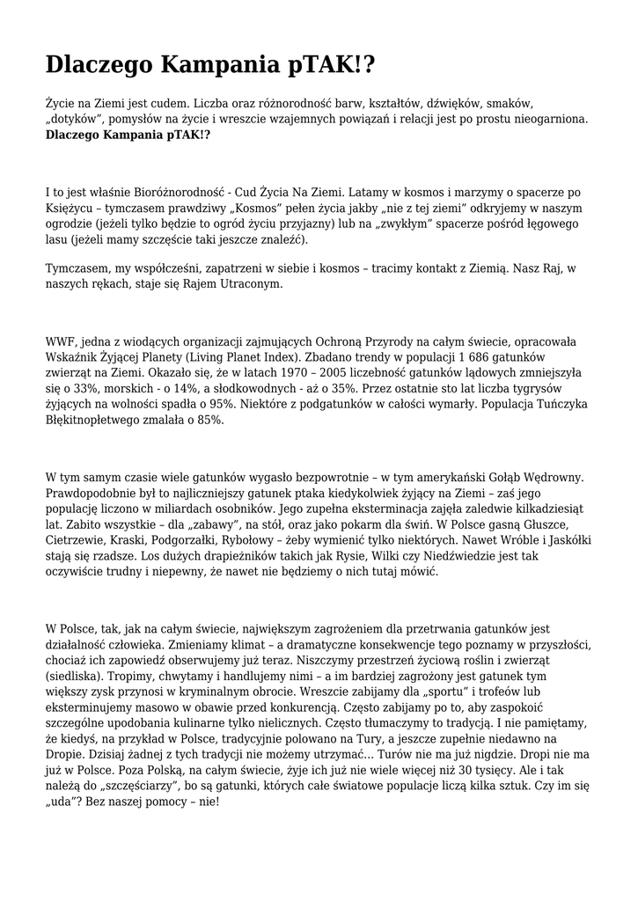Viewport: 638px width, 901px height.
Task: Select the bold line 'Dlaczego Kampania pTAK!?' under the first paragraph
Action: coord(128,136)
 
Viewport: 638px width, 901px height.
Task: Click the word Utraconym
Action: coord(248,284)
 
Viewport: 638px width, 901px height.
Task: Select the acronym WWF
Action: coord(62,341)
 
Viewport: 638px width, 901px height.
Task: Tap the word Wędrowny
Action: coord(552,477)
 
